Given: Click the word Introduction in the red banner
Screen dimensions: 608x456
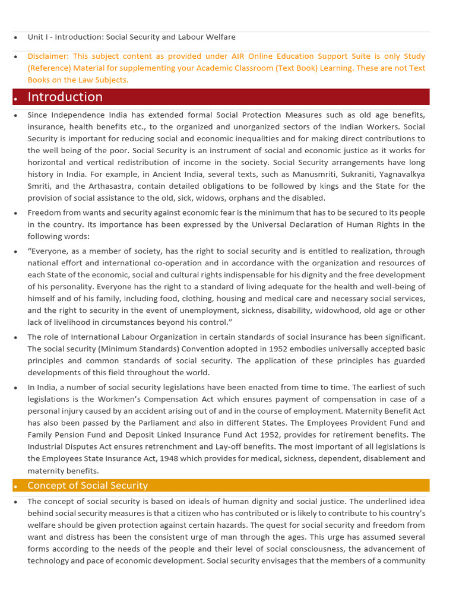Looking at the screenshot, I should pos(65,97).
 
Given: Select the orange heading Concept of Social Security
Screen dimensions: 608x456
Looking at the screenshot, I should pos(87,485).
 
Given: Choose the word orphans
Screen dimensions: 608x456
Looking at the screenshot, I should pos(237,198).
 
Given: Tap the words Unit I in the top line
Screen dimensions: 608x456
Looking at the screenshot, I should pos(37,37).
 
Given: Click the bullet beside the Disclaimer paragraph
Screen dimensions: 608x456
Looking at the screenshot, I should pos(17,57).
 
